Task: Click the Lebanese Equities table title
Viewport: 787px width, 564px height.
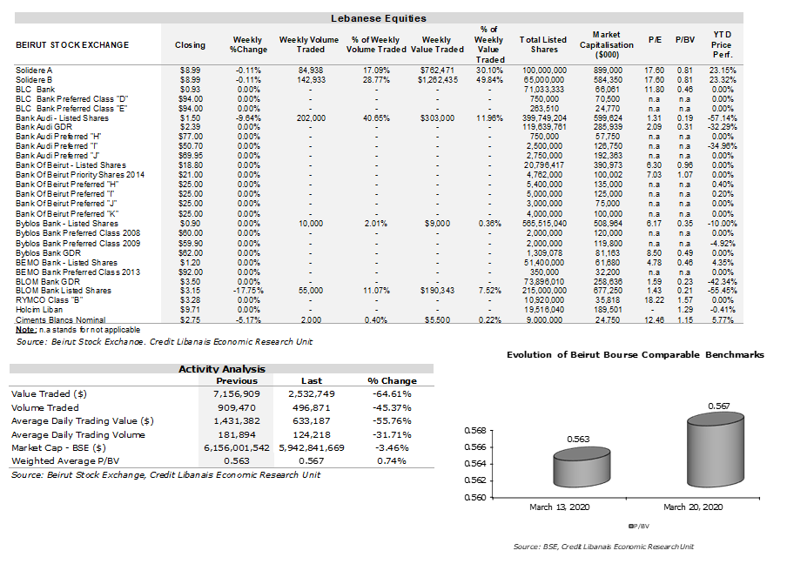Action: pyautogui.click(x=379, y=18)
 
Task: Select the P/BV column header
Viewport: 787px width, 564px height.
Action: pyautogui.click(x=685, y=40)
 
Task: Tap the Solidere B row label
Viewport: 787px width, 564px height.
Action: pyautogui.click(x=34, y=80)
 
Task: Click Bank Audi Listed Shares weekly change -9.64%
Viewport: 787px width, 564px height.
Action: pyautogui.click(x=248, y=117)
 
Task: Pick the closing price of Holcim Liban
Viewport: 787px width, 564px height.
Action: pyautogui.click(x=191, y=310)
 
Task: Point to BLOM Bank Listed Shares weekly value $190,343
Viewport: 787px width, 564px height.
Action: pyautogui.click(x=437, y=291)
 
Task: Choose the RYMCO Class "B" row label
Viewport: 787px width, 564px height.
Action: pyautogui.click(x=49, y=300)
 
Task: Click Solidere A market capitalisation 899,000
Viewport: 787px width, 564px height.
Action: pyautogui.click(x=608, y=70)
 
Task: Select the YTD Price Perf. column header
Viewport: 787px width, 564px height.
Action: pyautogui.click(x=722, y=44)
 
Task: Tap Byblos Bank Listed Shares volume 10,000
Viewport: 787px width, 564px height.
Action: pyautogui.click(x=311, y=224)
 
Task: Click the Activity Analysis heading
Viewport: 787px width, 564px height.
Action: pyautogui.click(x=222, y=369)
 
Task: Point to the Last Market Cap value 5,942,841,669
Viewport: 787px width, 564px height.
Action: pyautogui.click(x=312, y=447)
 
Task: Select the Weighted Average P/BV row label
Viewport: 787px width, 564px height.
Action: pyautogui.click(x=65, y=460)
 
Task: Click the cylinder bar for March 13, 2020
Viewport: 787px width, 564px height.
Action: pyautogui.click(x=582, y=467)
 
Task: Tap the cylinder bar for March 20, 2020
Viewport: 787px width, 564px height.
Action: pyautogui.click(x=716, y=450)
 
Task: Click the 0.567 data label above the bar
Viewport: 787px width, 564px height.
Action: pyautogui.click(x=719, y=406)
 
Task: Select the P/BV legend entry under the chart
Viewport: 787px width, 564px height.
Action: pyautogui.click(x=639, y=526)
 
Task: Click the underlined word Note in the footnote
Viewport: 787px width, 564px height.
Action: pyautogui.click(x=25, y=330)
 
